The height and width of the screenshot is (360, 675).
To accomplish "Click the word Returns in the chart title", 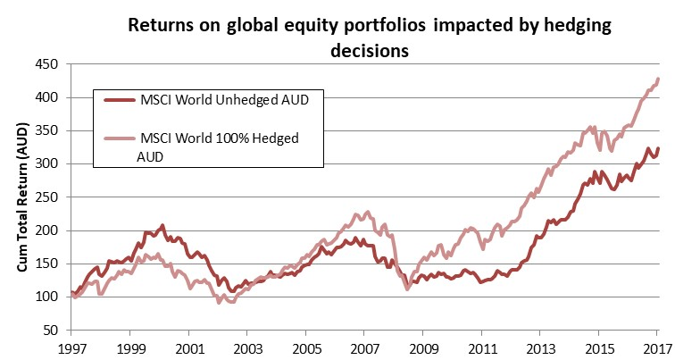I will click(161, 26).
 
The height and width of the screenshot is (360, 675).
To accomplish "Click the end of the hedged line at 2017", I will click(659, 79).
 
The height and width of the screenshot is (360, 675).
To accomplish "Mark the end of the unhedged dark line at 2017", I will click(659, 148).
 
